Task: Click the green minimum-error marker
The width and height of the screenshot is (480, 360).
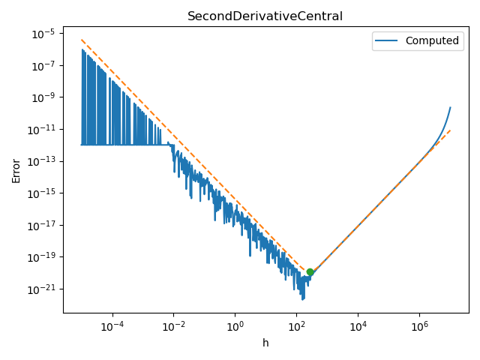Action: (310, 272)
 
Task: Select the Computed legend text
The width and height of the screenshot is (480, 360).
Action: (432, 40)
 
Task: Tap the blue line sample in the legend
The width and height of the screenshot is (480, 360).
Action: (388, 40)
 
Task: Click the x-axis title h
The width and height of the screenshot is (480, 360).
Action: (265, 343)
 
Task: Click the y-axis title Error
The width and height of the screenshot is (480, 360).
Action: (16, 170)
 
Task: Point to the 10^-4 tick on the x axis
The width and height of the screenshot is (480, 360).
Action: (112, 325)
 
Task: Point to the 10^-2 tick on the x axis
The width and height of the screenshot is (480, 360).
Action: (173, 325)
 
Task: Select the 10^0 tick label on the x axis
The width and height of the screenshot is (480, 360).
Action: (235, 325)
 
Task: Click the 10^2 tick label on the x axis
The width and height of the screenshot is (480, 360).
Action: (296, 325)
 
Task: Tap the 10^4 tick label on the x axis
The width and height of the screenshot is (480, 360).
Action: (358, 325)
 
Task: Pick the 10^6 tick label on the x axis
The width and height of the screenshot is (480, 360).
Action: (419, 325)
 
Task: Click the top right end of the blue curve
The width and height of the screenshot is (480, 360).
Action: (450, 107)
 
